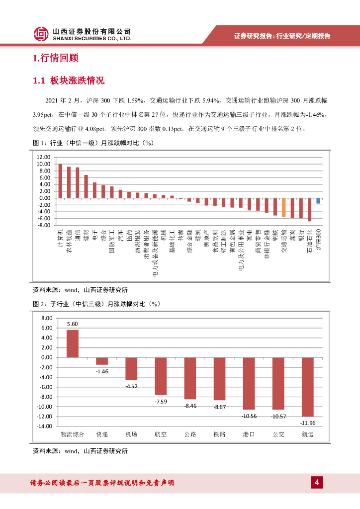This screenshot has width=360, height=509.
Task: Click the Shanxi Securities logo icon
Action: pyautogui.click(x=41, y=34)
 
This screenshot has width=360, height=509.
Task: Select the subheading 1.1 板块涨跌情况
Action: pyautogui.click(x=68, y=81)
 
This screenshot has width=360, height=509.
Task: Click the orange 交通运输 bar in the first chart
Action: pyautogui.click(x=283, y=207)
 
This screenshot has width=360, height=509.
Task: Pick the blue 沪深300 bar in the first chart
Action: pyautogui.click(x=318, y=201)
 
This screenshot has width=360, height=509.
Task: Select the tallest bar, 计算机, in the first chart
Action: pyautogui.click(x=60, y=181)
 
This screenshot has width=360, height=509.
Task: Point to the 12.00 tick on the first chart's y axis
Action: pyautogui.click(x=44, y=157)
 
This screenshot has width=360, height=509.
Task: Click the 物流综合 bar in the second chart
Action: pyautogui.click(x=73, y=343)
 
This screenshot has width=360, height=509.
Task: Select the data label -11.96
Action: pyautogui.click(x=307, y=423)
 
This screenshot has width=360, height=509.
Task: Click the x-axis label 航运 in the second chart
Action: pyautogui.click(x=307, y=434)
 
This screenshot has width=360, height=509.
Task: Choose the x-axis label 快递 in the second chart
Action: pyautogui.click(x=102, y=434)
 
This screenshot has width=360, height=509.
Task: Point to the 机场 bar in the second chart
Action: pyautogui.click(x=131, y=368)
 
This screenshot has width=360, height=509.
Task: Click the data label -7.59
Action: pyautogui.click(x=161, y=401)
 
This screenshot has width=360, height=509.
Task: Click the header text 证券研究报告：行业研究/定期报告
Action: pyautogui.click(x=282, y=36)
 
